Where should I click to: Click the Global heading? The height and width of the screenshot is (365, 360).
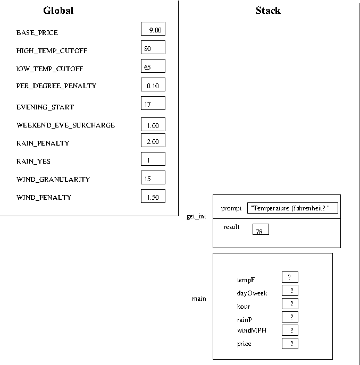(x=58, y=11)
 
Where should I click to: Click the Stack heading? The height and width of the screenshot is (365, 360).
(x=268, y=11)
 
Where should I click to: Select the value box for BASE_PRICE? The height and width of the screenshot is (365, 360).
(x=153, y=29)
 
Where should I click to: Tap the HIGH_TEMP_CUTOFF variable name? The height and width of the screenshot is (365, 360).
(x=52, y=51)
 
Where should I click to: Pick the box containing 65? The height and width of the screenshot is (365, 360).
(x=153, y=66)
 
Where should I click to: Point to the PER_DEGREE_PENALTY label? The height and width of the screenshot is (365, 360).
(x=56, y=86)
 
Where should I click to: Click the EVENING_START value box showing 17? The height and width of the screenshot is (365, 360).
(x=153, y=103)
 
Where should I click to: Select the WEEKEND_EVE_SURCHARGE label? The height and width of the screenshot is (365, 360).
(x=65, y=125)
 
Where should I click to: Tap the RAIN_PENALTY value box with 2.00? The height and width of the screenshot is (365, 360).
(x=153, y=140)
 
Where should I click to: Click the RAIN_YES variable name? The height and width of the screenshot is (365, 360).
(x=34, y=162)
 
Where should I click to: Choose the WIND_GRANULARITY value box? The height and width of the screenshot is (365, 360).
(x=153, y=177)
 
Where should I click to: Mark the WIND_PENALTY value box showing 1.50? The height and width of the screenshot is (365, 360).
(x=153, y=196)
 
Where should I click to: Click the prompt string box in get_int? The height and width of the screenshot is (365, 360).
(x=292, y=208)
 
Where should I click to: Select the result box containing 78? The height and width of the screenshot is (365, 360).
(x=261, y=230)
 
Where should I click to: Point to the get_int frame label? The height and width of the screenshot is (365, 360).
(x=196, y=216)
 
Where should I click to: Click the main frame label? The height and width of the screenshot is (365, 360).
(x=199, y=299)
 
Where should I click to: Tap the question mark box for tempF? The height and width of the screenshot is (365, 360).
(x=290, y=277)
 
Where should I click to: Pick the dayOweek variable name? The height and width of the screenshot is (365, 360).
(x=252, y=293)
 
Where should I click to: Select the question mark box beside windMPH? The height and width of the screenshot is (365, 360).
(x=290, y=330)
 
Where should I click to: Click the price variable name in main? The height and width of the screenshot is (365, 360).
(x=244, y=344)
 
